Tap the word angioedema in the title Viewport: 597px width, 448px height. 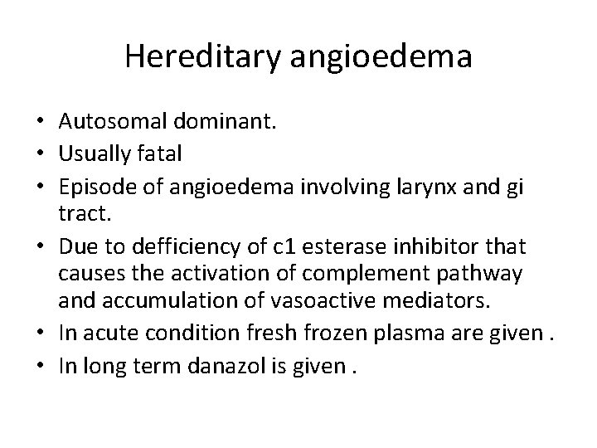pyautogui.click(x=381, y=58)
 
